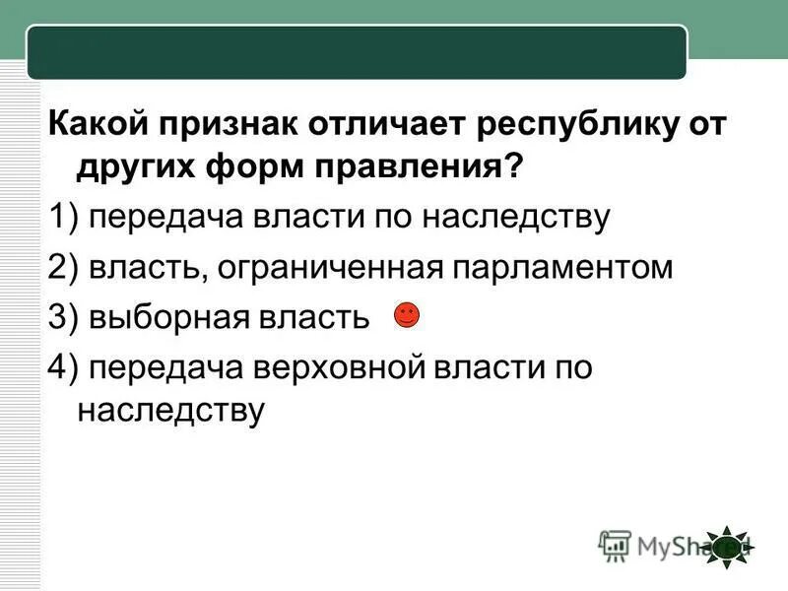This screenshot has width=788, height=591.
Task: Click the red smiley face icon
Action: coord(406,315)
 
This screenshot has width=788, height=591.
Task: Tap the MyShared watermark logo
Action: coord(670,545)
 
